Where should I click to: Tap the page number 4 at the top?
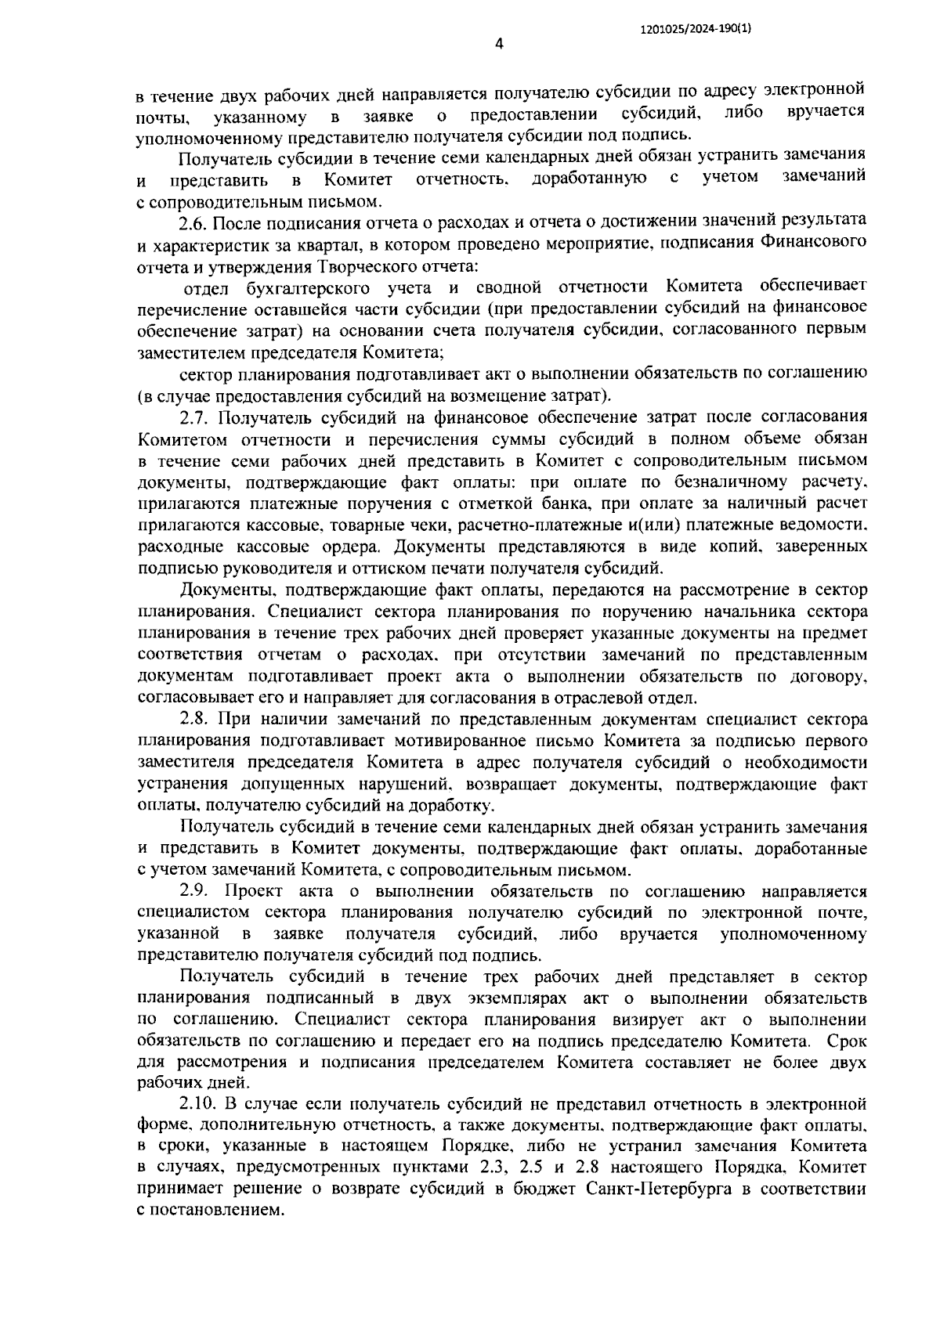pos(499,45)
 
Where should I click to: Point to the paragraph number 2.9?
pos(194,891)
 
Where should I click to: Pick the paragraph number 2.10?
pos(198,1104)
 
